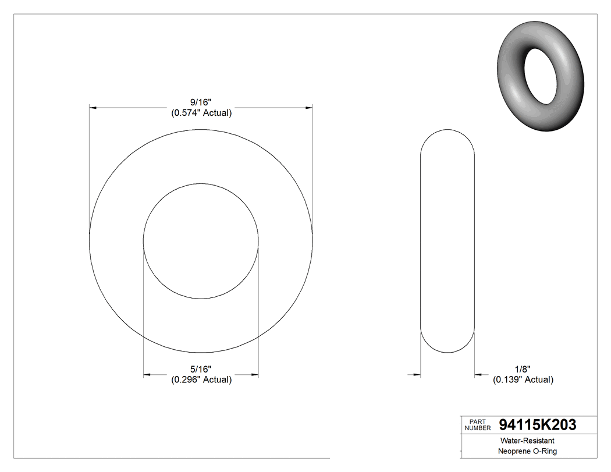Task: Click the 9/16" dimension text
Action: coord(201,102)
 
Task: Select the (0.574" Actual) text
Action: coord(201,113)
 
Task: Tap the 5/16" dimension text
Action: coord(201,369)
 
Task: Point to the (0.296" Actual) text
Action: coord(201,379)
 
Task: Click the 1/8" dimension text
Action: coord(523,369)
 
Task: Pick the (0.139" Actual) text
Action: coord(523,379)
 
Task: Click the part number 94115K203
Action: coord(538,425)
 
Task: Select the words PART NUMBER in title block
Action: coord(478,425)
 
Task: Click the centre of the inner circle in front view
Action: coord(201,241)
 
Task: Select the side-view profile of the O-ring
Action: coord(448,241)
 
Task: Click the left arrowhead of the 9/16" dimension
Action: coord(93,108)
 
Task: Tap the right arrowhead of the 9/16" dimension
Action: coord(309,108)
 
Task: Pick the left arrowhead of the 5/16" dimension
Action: coord(147,374)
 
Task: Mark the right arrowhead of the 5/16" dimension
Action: coord(254,374)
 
